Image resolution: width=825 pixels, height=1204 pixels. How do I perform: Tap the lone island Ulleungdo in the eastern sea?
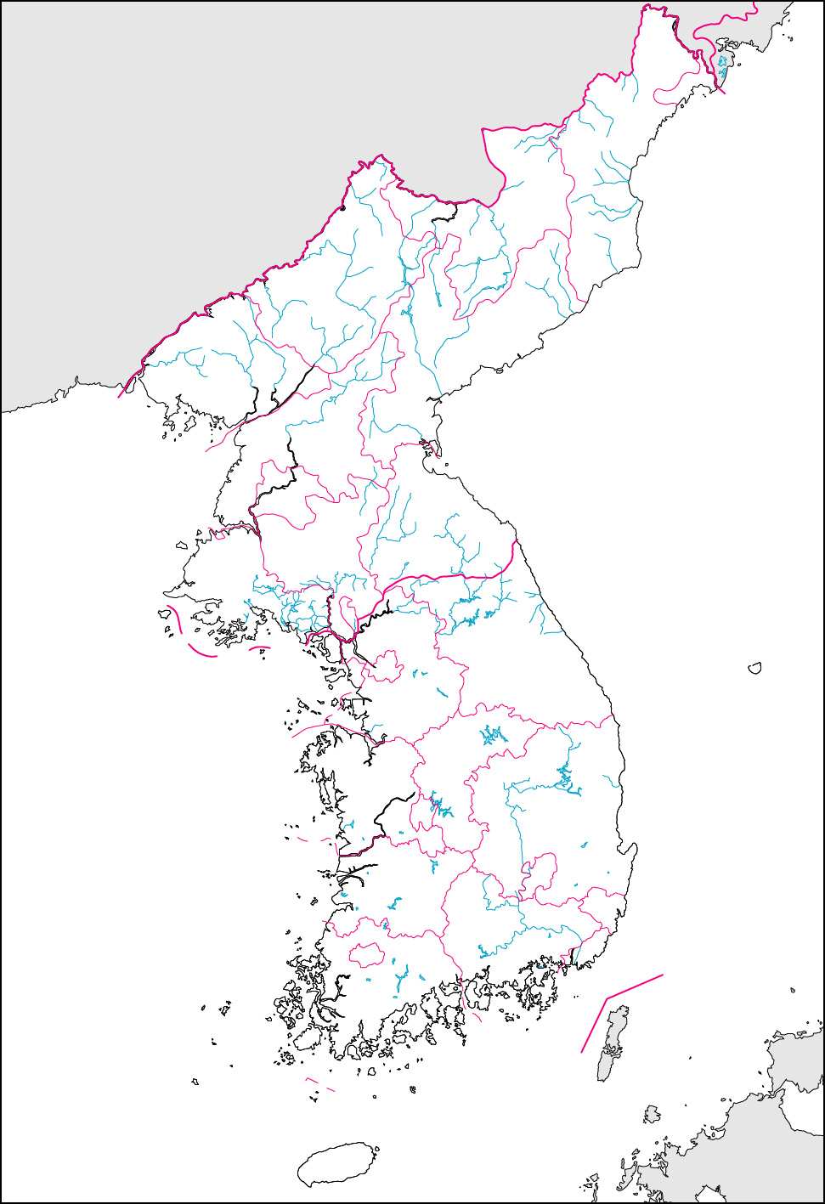pos(754,669)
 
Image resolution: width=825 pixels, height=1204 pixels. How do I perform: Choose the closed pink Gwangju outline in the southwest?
pos(367,955)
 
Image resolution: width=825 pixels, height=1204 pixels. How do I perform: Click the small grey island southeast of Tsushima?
pos(652,1114)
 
